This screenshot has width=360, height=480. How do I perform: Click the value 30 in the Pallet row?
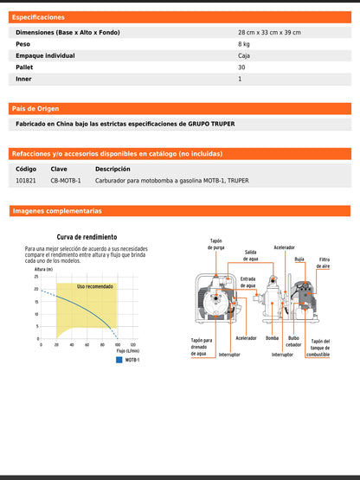click(241, 67)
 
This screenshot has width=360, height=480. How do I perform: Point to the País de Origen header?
click(35, 109)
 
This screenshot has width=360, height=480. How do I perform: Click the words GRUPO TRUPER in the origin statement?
click(211, 124)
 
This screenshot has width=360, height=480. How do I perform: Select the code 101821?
click(26, 181)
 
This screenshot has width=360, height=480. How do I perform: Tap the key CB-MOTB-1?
click(66, 181)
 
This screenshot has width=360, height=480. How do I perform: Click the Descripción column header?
click(112, 170)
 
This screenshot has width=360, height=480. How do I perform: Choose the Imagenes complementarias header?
click(56, 211)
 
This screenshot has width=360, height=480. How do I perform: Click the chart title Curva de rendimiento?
click(87, 236)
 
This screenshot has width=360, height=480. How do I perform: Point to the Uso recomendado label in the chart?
click(94, 286)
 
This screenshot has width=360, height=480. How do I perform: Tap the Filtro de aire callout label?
click(324, 263)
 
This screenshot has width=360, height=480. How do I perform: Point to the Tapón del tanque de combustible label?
click(318, 348)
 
